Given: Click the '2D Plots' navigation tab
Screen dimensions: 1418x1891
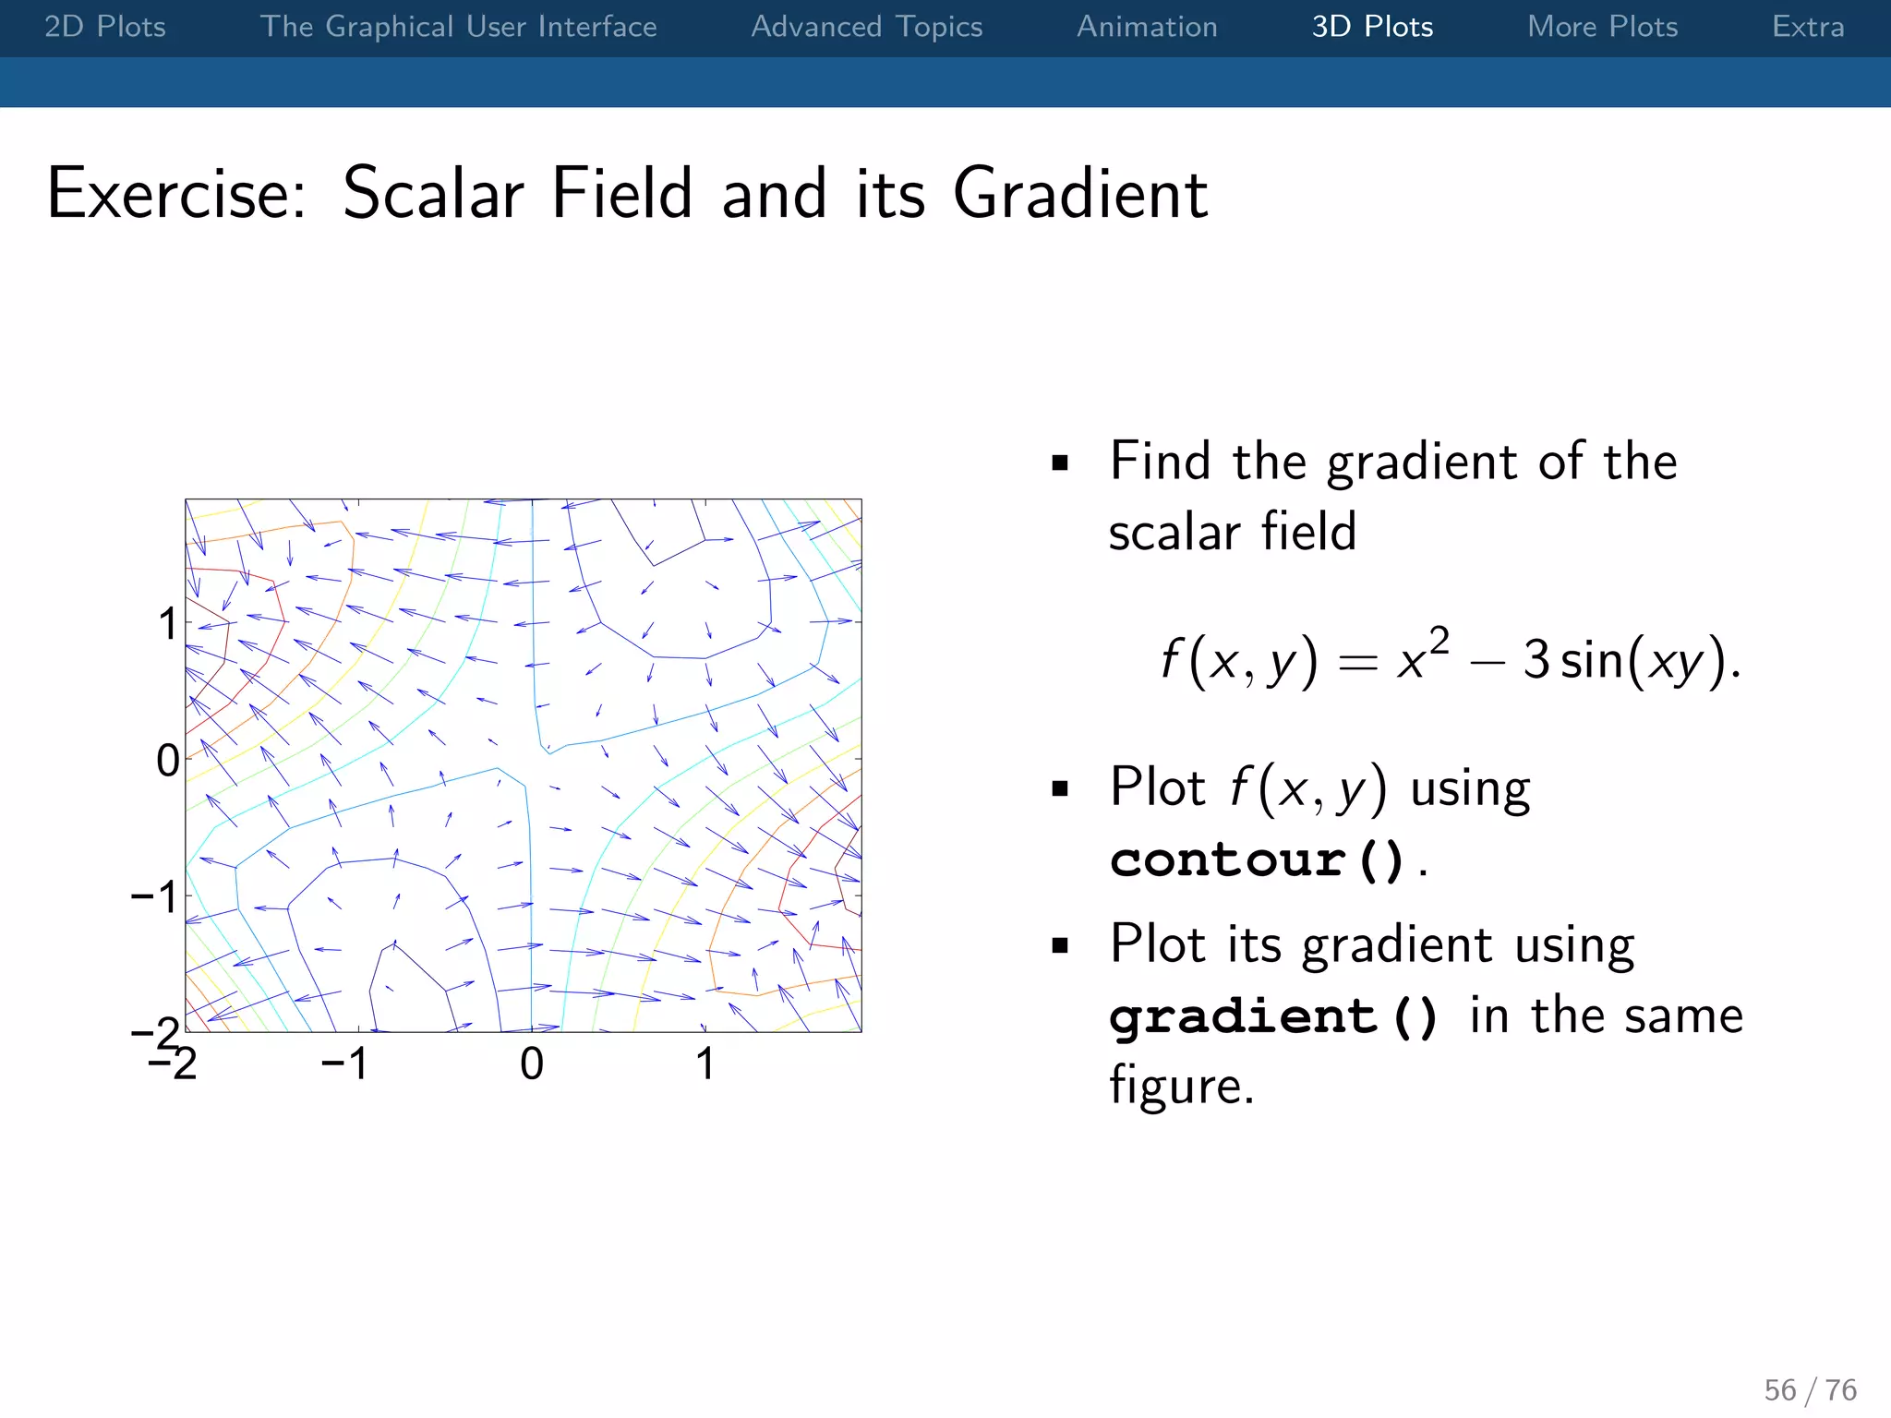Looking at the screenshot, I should click(105, 27).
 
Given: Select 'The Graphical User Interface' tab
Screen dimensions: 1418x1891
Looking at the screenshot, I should click(458, 27).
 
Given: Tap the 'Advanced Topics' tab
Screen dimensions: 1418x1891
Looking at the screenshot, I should click(866, 27).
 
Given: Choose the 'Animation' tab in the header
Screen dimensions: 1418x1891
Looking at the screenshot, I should click(1147, 27).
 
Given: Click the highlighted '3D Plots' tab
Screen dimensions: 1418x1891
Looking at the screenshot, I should click(1372, 27).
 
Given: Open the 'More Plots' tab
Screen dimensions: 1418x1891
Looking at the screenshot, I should click(1602, 27).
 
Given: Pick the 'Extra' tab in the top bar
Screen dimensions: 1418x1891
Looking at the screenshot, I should click(1807, 27).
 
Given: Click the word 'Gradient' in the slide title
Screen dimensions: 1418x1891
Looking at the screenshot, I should click(1079, 194).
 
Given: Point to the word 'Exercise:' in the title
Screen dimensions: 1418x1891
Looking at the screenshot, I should click(176, 194).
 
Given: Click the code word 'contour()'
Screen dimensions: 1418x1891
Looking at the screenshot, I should click(1257, 860).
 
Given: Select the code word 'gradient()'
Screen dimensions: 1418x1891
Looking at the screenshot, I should click(1273, 1016).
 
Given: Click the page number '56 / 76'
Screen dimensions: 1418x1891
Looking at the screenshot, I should click(1810, 1389).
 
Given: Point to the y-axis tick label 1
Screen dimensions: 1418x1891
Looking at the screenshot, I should click(167, 624).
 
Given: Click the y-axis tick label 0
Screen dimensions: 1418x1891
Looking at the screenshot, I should click(167, 761).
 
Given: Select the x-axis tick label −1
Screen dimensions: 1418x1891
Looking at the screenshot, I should click(344, 1063).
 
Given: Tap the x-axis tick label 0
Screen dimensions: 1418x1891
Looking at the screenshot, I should click(532, 1063).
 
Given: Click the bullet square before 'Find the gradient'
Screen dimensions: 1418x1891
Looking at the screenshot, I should click(1059, 463).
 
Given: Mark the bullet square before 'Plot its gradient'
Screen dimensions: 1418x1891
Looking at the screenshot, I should click(1059, 945).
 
